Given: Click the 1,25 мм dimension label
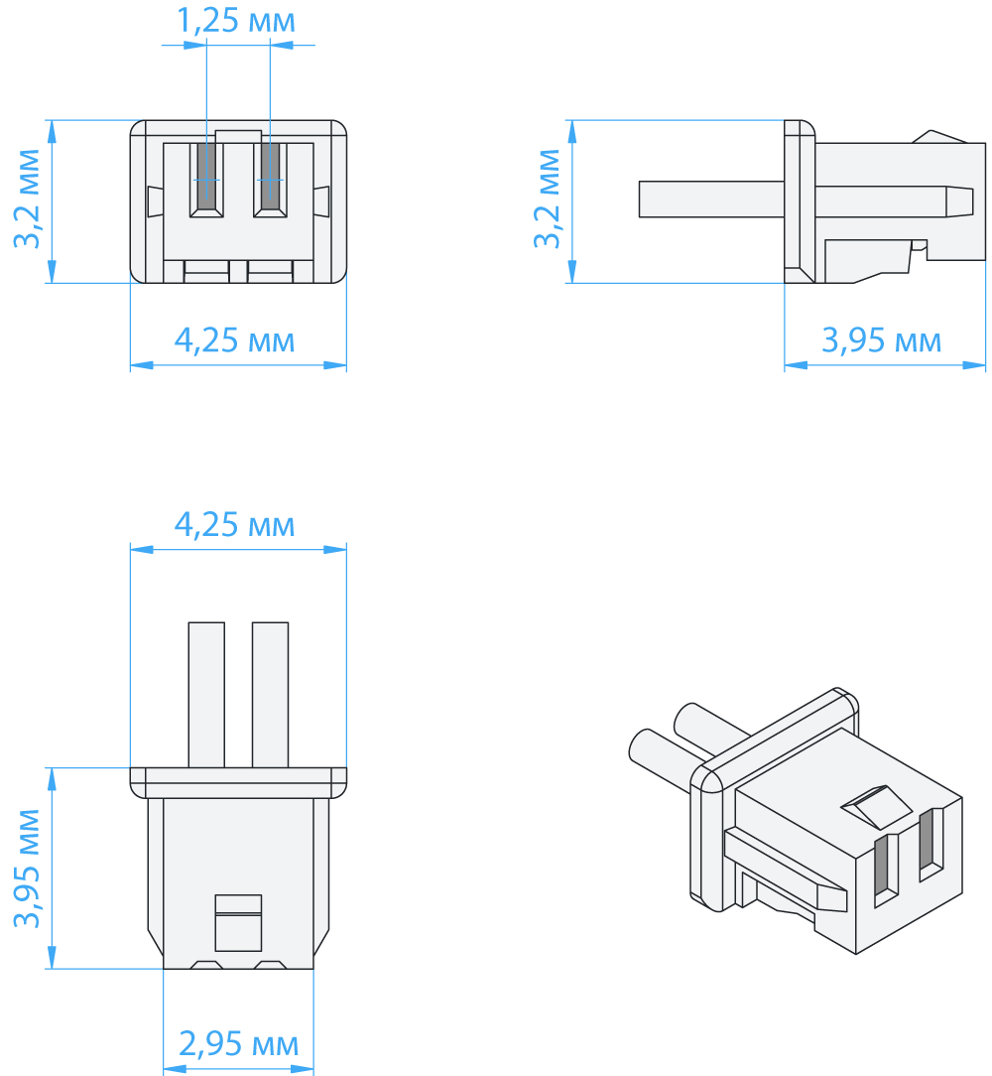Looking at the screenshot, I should [236, 21].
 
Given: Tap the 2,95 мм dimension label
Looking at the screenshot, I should [238, 1043].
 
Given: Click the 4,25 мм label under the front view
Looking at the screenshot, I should [235, 340].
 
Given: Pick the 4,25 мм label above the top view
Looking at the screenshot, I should [235, 524].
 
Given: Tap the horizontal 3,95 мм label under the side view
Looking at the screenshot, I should [882, 340].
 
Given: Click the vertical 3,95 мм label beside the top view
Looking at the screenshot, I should [27, 868].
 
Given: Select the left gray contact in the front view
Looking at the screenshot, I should [206, 176].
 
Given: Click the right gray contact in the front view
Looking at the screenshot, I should [270, 176].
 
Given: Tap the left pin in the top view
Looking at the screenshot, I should [206, 694].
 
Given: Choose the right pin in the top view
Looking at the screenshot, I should [270, 694].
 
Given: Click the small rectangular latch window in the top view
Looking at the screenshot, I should [238, 922].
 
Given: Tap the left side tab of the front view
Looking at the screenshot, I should [154, 202].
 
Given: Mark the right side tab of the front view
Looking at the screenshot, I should [321, 202].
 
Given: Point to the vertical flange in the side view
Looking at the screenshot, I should [799, 202].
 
